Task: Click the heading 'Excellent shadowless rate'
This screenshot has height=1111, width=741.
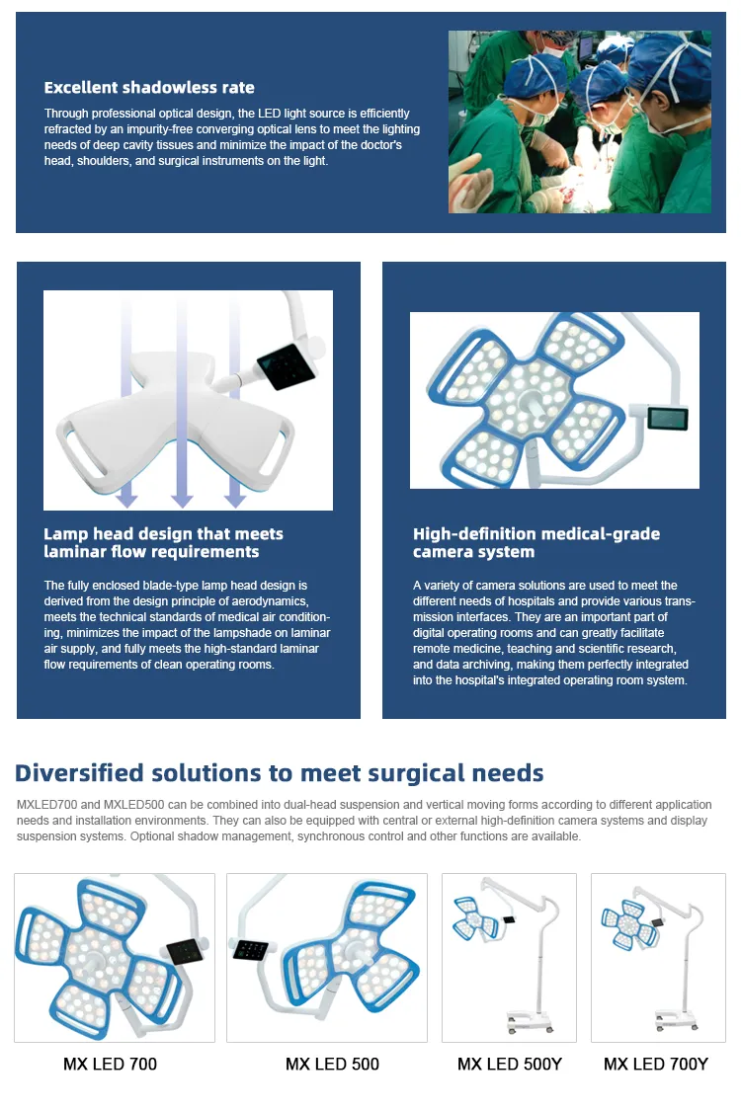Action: pos(149,88)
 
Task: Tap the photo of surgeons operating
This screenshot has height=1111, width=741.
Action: pos(580,121)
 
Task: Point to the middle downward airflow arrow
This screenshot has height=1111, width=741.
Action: pos(182,405)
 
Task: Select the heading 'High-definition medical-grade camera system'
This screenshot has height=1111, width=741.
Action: pos(536,542)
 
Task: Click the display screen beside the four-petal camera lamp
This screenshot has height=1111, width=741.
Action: pos(667,418)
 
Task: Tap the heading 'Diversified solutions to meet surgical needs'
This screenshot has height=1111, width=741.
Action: pos(279,772)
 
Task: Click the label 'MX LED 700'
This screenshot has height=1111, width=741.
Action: pos(110,1064)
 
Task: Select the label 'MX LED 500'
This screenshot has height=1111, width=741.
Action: pos(332,1064)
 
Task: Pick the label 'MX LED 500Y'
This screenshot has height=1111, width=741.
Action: pos(509,1064)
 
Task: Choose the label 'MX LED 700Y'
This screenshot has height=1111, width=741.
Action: pos(656,1064)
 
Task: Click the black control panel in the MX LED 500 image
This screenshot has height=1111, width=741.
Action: pos(251,950)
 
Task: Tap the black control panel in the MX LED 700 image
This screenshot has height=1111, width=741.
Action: pos(184,951)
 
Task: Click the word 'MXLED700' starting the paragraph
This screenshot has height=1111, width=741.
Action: pos(45,805)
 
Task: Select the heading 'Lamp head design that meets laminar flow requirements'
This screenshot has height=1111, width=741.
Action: pos(163,542)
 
